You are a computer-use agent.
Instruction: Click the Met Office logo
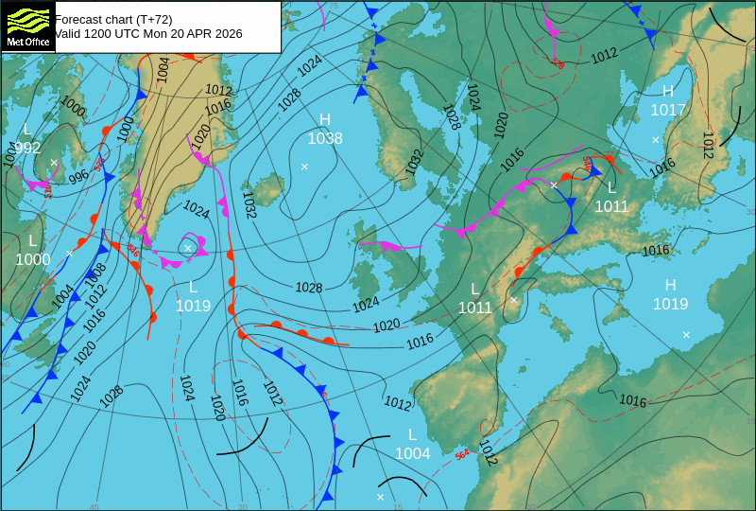(x=27, y=26)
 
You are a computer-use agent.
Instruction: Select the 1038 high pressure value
(x=325, y=138)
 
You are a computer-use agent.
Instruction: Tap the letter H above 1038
(x=325, y=119)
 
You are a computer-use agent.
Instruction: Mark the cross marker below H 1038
(x=304, y=167)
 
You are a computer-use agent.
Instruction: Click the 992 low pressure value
(x=27, y=148)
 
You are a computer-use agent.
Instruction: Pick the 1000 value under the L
(x=33, y=259)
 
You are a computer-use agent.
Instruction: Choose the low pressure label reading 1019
(x=193, y=305)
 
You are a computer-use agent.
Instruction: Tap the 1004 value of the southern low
(x=412, y=453)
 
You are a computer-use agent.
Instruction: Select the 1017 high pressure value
(x=668, y=110)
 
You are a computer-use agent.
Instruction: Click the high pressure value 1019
(x=670, y=304)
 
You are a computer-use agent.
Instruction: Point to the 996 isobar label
(x=78, y=175)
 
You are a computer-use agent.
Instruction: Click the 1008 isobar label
(x=95, y=275)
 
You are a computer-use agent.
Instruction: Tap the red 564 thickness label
(x=462, y=454)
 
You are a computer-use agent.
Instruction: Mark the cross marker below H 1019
(x=686, y=334)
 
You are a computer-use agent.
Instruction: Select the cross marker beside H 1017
(x=655, y=140)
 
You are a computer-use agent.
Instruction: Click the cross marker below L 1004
(x=381, y=497)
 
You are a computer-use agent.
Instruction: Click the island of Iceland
(x=266, y=189)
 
